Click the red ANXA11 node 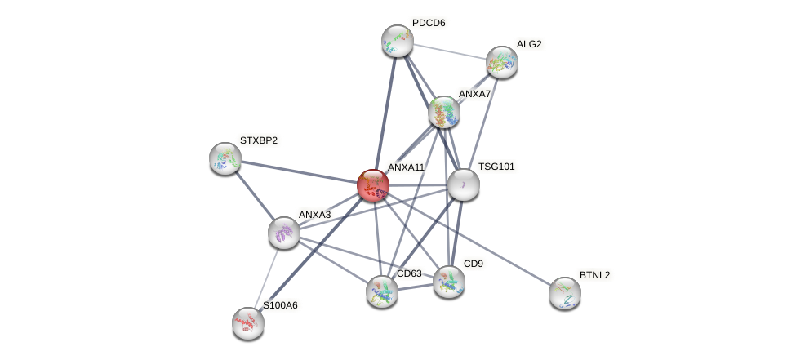[373, 185]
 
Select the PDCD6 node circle [398, 41]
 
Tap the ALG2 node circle [501, 62]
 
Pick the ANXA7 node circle [443, 112]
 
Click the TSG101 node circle [463, 184]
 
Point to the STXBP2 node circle [225, 158]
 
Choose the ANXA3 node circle [284, 233]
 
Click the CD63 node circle [382, 291]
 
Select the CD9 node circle [448, 282]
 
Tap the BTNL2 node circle [565, 293]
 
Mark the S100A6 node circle [248, 323]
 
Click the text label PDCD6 [429, 23]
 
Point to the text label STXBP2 [258, 140]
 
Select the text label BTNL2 [594, 275]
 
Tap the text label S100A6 [280, 305]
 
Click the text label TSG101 [496, 167]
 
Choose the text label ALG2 [529, 44]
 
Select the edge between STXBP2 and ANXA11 [299, 171]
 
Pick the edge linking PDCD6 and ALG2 [449, 51]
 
